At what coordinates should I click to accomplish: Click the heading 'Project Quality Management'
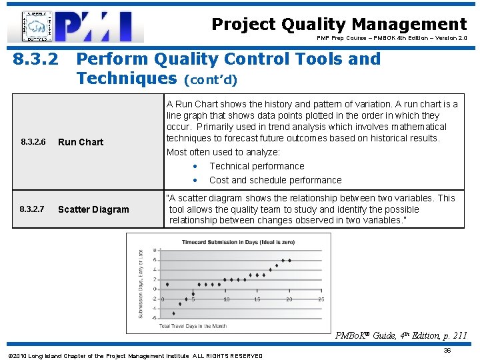point(339,25)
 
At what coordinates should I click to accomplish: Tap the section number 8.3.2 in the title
point(37,59)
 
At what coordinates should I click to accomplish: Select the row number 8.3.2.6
point(33,142)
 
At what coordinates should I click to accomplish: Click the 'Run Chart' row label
point(81,142)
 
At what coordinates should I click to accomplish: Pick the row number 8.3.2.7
point(32,209)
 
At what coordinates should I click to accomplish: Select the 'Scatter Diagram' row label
point(93,209)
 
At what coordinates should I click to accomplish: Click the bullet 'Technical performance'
point(256,166)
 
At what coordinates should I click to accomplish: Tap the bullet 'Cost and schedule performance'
point(275,180)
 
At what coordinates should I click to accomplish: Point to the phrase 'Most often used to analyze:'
point(223,152)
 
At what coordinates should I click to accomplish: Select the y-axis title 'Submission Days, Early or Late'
point(141,283)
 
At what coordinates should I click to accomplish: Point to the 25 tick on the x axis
point(321,299)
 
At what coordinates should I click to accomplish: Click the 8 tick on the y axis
point(155,250)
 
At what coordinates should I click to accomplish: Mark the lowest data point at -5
point(173,313)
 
